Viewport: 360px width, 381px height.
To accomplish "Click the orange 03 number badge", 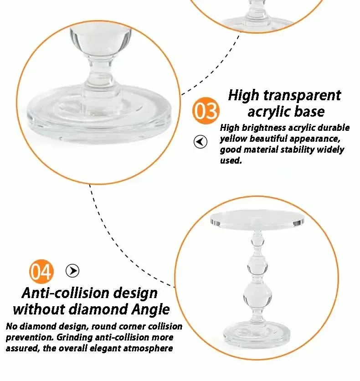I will click(x=206, y=111).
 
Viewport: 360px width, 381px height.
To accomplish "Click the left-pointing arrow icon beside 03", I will click(x=201, y=142).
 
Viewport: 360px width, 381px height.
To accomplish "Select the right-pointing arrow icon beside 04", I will click(x=72, y=271).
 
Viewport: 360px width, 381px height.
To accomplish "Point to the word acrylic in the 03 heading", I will click(x=270, y=112).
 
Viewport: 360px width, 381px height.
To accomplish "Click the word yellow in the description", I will click(x=234, y=139).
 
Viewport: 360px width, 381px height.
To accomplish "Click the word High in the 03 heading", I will click(x=243, y=95).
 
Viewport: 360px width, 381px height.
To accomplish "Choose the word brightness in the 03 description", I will click(x=262, y=128).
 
